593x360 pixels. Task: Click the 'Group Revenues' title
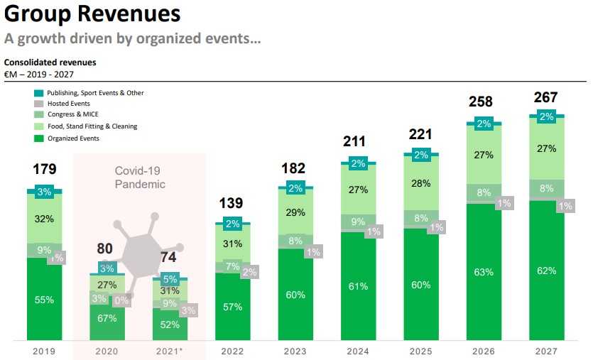(x=92, y=13)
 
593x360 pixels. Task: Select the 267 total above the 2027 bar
(x=545, y=97)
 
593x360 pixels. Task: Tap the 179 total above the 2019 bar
(x=45, y=169)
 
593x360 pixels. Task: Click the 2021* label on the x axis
(x=170, y=351)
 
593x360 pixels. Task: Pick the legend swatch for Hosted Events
(x=38, y=104)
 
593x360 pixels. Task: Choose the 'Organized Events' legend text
(x=73, y=138)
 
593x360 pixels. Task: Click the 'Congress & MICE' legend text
(x=72, y=115)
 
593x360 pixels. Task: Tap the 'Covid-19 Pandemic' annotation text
(x=140, y=178)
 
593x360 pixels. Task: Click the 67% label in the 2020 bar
(x=107, y=318)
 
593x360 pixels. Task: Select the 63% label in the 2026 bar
(x=484, y=271)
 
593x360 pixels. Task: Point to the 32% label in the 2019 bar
(x=45, y=219)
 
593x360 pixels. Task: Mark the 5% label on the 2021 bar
(x=170, y=279)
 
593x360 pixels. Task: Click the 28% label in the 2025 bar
(x=421, y=184)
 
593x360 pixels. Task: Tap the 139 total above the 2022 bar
(x=232, y=203)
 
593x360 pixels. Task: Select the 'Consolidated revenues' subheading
(x=50, y=62)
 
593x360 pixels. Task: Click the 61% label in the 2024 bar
(x=359, y=286)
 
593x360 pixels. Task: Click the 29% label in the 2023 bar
(x=295, y=212)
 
